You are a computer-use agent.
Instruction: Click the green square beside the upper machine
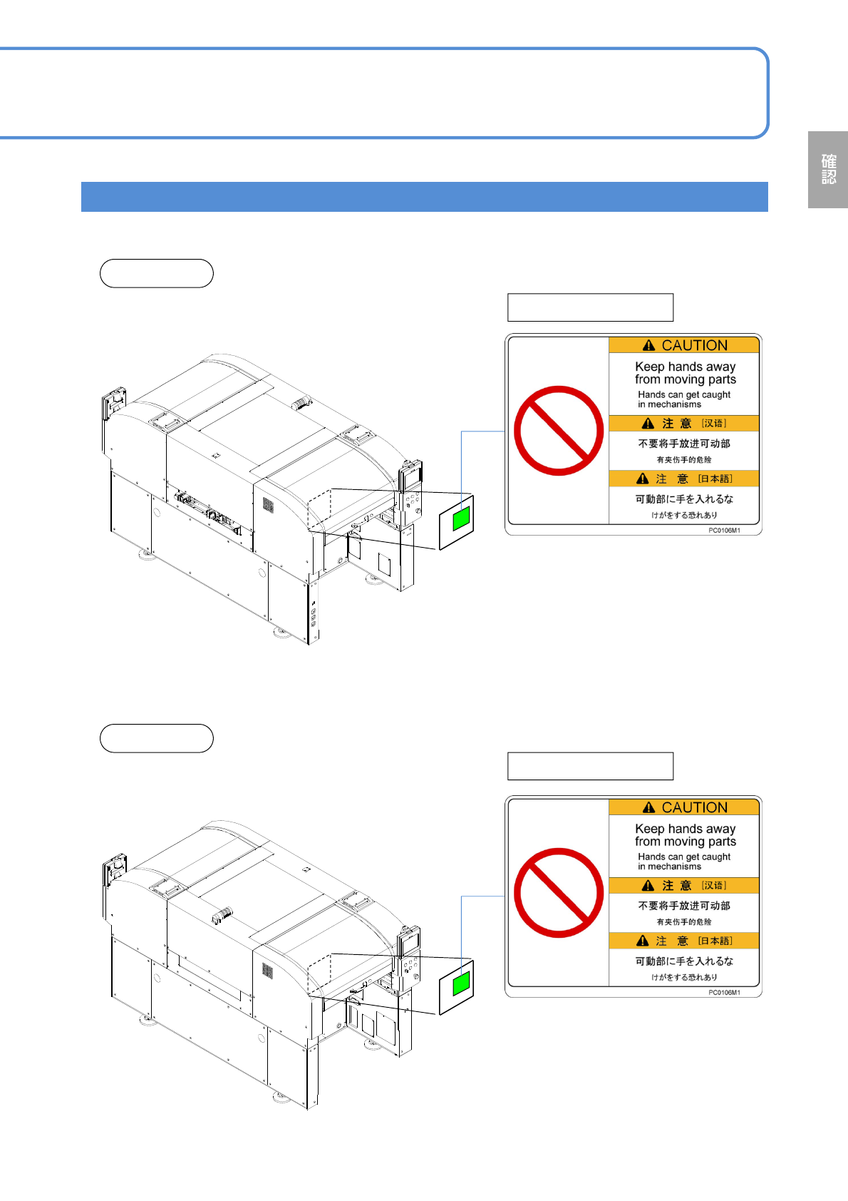click(x=461, y=518)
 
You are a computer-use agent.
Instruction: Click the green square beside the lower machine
click(x=461, y=983)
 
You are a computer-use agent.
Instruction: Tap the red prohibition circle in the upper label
click(x=559, y=431)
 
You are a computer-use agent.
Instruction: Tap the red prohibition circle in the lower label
click(x=559, y=893)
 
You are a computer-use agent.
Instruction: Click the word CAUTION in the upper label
click(x=694, y=345)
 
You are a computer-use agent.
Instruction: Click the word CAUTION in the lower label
click(x=694, y=807)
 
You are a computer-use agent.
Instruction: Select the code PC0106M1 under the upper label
click(x=724, y=531)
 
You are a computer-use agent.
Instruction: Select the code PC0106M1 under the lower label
click(x=724, y=993)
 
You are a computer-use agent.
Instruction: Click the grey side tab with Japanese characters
click(x=827, y=170)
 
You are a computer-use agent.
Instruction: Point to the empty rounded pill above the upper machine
click(x=157, y=273)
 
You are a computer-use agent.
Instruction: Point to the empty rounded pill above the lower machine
click(x=157, y=738)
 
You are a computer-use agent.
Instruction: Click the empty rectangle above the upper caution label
click(x=590, y=307)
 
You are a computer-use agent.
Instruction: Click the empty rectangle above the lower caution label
click(x=590, y=766)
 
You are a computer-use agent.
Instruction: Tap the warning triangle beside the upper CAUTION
click(x=648, y=345)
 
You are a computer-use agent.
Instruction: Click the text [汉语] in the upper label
click(x=714, y=423)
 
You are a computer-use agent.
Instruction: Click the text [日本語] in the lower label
click(x=715, y=941)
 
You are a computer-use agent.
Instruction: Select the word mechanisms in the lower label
click(x=674, y=867)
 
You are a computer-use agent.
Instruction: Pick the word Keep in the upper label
click(x=649, y=367)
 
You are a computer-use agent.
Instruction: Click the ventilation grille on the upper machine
click(x=268, y=505)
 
